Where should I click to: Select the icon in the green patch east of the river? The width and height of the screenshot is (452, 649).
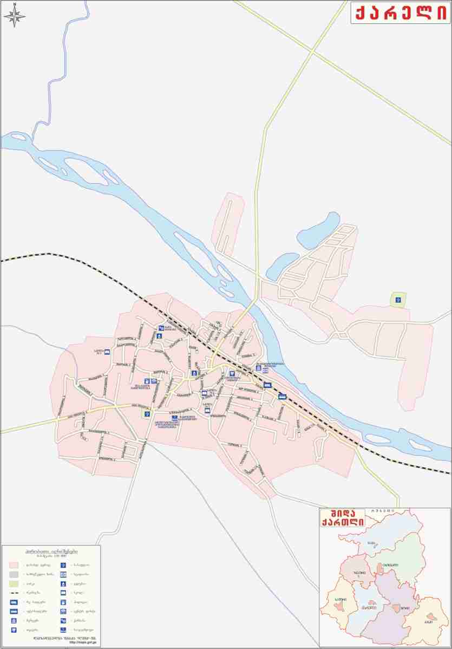[x=398, y=300]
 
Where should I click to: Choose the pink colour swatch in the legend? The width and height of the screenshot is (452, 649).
[x=14, y=564]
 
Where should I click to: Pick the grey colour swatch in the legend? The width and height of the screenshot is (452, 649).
[x=14, y=574]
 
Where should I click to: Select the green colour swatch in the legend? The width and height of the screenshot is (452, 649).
[x=14, y=583]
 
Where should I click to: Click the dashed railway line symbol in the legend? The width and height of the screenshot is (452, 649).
[x=14, y=593]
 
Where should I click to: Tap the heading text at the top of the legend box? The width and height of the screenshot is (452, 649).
[x=51, y=550]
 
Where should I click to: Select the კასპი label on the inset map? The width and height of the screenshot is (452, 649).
[x=429, y=621]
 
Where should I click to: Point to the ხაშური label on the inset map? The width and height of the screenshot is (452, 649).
[x=340, y=598]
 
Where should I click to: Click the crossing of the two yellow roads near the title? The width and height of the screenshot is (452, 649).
[x=313, y=51]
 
